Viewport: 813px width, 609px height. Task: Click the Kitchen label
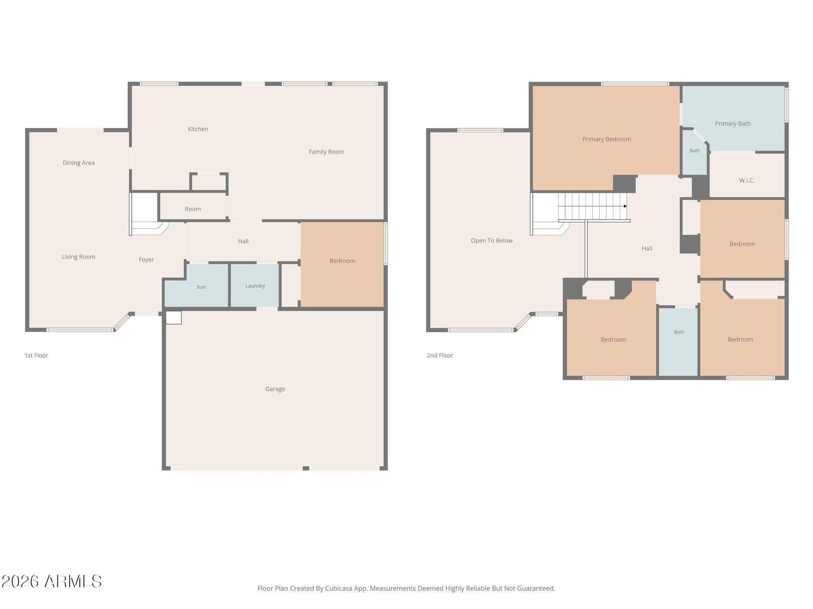(198, 129)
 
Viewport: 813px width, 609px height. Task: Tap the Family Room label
(326, 152)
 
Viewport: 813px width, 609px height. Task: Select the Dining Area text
(79, 163)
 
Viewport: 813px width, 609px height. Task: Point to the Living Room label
(79, 257)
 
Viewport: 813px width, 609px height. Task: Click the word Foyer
(146, 259)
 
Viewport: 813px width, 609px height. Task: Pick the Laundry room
(255, 285)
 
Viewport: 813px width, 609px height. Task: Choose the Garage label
(275, 389)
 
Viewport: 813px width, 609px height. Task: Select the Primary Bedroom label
(607, 139)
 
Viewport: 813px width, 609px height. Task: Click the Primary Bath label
(733, 123)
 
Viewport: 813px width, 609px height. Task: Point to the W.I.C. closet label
(747, 181)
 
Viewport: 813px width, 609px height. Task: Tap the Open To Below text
(491, 241)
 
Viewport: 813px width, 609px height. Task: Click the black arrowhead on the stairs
(625, 206)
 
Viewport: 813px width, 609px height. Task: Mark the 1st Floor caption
(36, 355)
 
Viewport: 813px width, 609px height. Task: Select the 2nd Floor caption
(440, 355)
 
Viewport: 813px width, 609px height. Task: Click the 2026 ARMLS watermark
(51, 581)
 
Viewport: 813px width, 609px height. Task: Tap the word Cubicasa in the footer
(338, 588)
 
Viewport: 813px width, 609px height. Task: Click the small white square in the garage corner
(173, 318)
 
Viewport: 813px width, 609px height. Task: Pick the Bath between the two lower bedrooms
(678, 341)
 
